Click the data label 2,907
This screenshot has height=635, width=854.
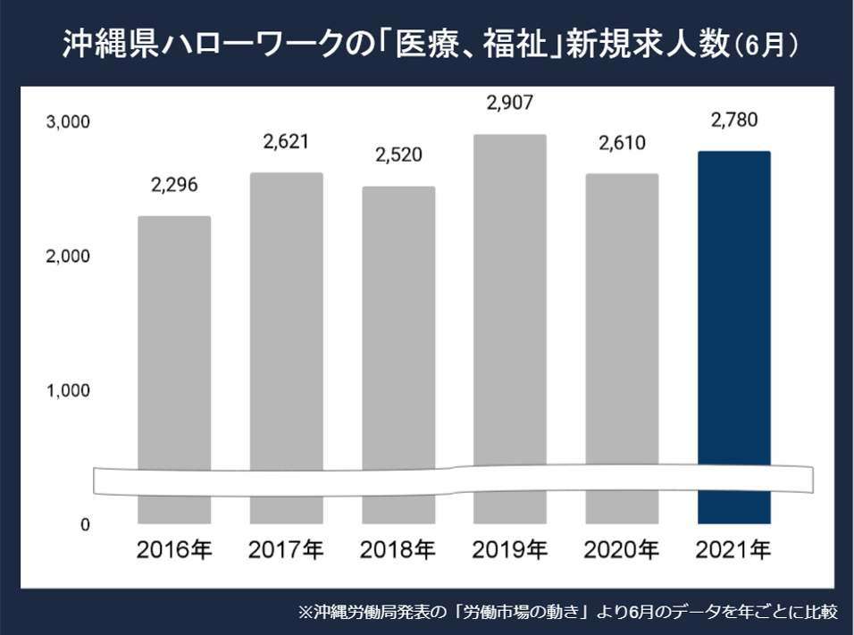[509, 103]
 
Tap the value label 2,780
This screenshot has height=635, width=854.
[733, 120]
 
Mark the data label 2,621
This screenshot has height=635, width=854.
[286, 141]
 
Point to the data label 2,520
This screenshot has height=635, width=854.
[398, 155]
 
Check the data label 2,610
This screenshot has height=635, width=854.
[622, 142]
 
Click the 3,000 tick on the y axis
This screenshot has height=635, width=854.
[67, 121]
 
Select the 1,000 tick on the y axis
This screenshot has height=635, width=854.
[67, 391]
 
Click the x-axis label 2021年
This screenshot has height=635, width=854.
[733, 548]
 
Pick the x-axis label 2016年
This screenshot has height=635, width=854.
[174, 548]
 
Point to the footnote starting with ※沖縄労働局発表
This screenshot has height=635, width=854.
[567, 612]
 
